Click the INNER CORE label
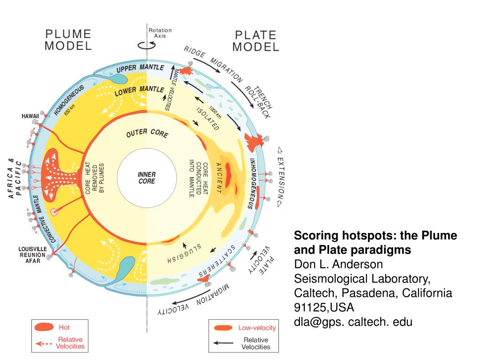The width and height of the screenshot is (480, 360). (x=147, y=178)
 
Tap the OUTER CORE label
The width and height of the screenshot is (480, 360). (x=147, y=133)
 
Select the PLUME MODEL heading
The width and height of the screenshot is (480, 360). (x=68, y=40)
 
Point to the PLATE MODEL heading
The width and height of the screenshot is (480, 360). (x=255, y=41)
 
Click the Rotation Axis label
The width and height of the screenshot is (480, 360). (x=160, y=33)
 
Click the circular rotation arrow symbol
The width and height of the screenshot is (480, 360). (x=147, y=45)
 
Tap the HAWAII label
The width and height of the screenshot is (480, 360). (x=30, y=116)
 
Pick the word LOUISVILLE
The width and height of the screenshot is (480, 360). (x=33, y=249)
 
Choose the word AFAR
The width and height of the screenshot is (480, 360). (x=33, y=261)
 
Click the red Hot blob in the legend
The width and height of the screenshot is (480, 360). (x=44, y=327)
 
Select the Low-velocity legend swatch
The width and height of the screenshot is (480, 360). (x=223, y=328)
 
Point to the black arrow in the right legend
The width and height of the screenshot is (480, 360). (x=223, y=343)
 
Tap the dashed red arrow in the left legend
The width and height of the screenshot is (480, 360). (x=44, y=344)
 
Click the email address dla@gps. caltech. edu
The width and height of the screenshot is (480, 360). (x=353, y=322)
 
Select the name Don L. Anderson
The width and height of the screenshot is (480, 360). (x=338, y=264)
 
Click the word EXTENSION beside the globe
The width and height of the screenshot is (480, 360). (x=281, y=178)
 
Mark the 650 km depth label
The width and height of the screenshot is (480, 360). (x=69, y=110)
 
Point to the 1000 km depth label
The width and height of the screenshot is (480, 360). (x=215, y=112)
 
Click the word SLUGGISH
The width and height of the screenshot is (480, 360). (x=184, y=254)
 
